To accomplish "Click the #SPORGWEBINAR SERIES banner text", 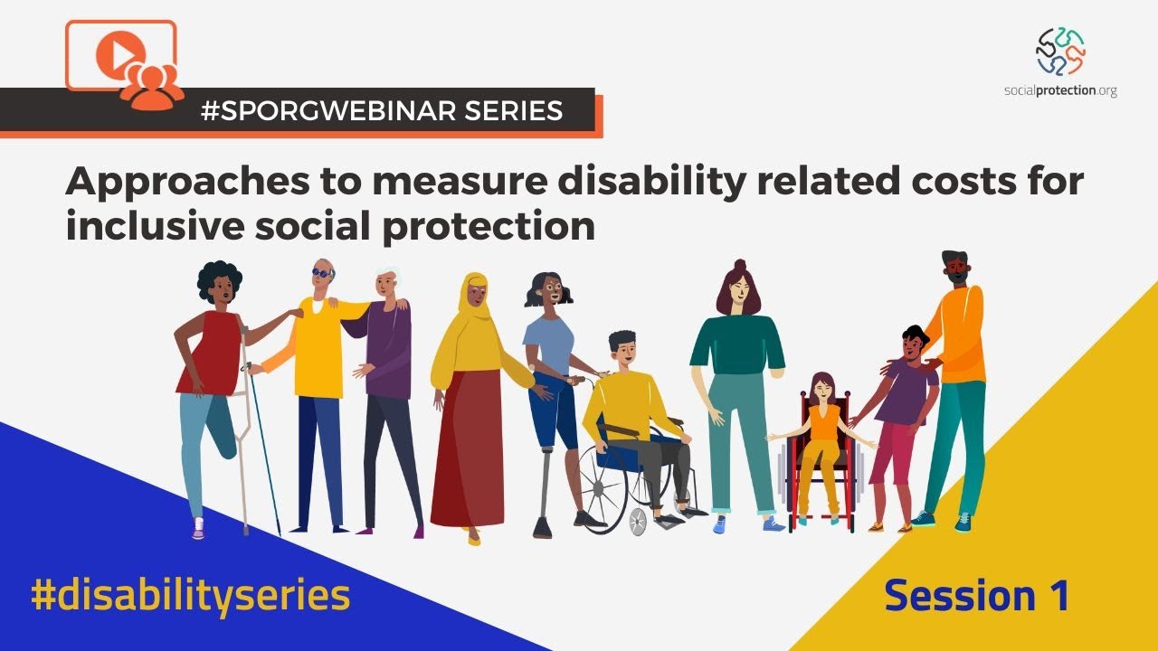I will (381, 110).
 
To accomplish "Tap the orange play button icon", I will (115, 56).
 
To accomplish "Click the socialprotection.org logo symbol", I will (1060, 52).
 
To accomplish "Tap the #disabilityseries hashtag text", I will (190, 597).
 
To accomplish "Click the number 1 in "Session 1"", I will (1055, 597).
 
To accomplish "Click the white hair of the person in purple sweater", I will (388, 273).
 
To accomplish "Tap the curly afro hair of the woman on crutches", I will (217, 279).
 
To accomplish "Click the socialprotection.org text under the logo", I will (1060, 90).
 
